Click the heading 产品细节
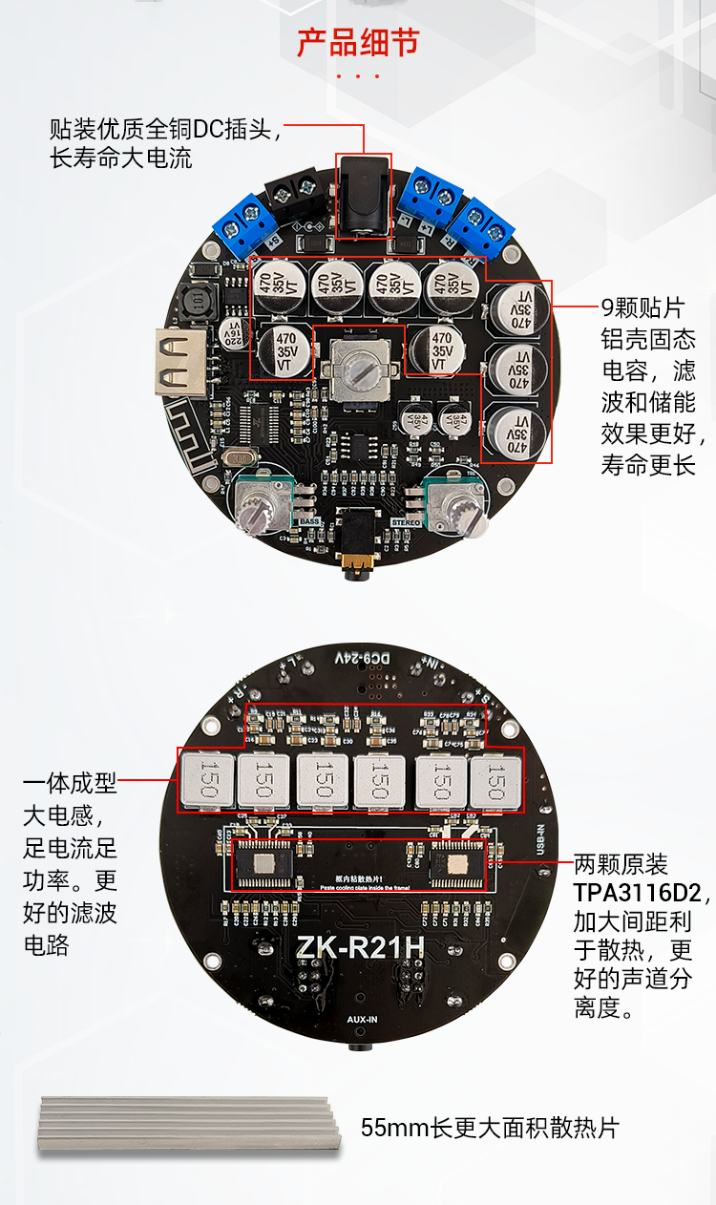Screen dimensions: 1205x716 coord(358,43)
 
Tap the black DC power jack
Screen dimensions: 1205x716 coord(364,198)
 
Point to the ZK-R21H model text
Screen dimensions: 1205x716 coord(357,949)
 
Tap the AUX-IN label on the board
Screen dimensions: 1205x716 coord(362,1020)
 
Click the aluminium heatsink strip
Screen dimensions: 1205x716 coord(189,1124)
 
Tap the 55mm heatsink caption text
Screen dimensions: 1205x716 coord(490,1128)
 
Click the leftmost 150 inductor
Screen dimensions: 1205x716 coord(209,779)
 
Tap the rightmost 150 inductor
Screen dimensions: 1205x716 coord(495,779)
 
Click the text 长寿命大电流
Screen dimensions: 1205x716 coord(120,158)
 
